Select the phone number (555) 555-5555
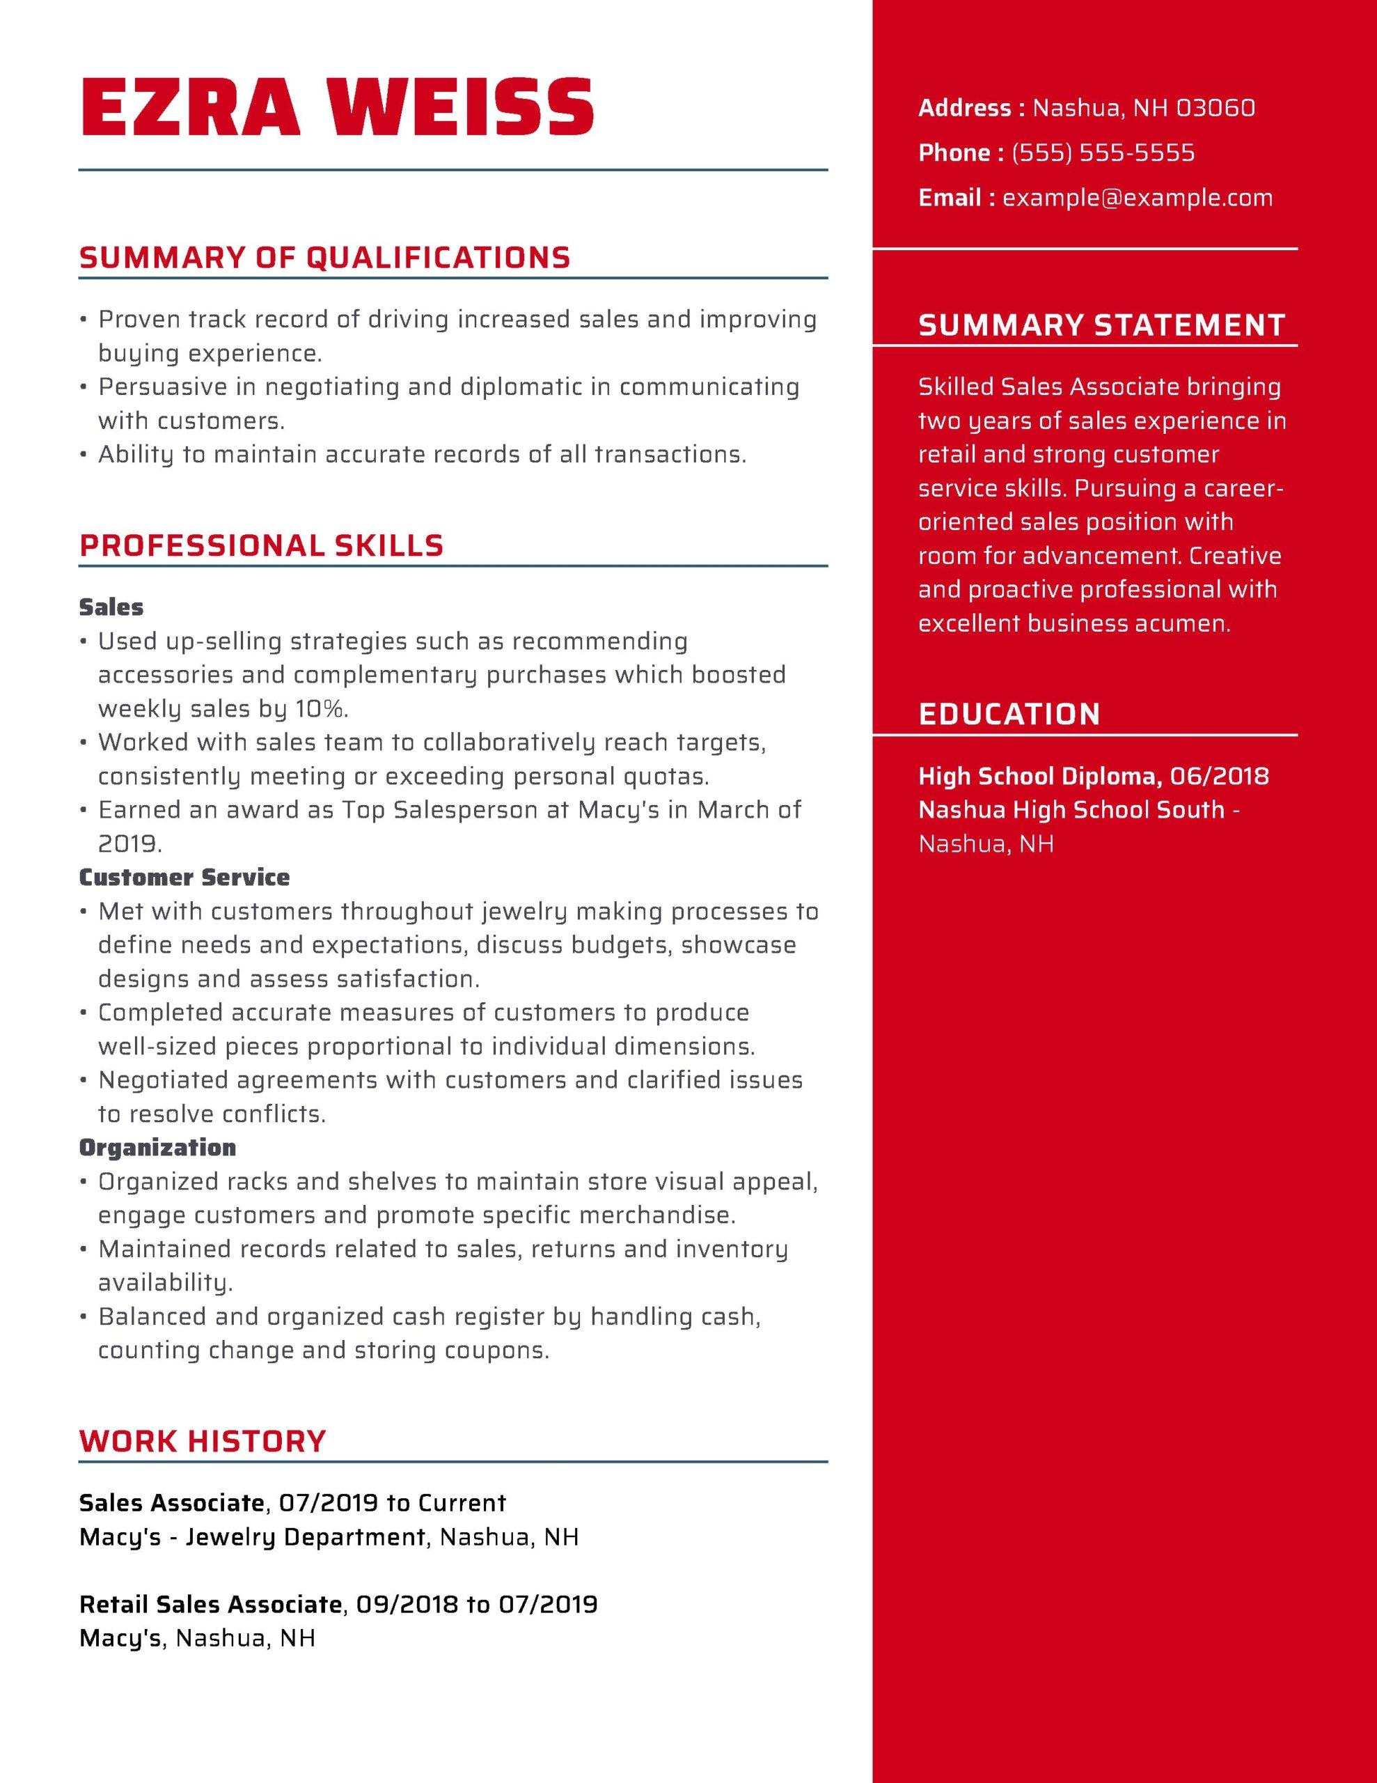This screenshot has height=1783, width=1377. pyautogui.click(x=1103, y=153)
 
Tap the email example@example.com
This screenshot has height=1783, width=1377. pyautogui.click(x=1137, y=198)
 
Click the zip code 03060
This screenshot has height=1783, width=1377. pyautogui.click(x=1215, y=108)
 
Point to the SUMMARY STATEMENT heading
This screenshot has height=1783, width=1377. pyautogui.click(x=1101, y=325)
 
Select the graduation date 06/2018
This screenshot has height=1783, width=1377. pyautogui.click(x=1220, y=776)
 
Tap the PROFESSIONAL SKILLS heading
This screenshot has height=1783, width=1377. pyautogui.click(x=261, y=545)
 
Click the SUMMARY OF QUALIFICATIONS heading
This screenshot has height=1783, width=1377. pyautogui.click(x=324, y=257)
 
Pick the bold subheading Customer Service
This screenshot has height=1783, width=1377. pyautogui.click(x=184, y=878)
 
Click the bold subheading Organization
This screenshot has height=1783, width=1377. pyautogui.click(x=157, y=1148)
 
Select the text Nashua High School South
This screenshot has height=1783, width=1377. pyautogui.click(x=1071, y=810)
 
